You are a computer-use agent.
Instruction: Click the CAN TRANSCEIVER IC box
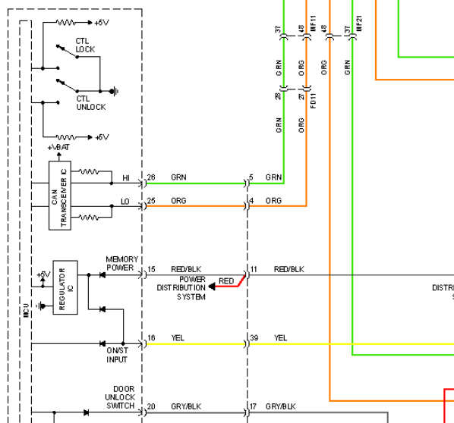coord(60,196)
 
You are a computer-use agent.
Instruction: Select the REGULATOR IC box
coord(65,287)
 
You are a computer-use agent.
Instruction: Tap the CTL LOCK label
coord(85,45)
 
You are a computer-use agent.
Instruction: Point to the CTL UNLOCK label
coord(91,103)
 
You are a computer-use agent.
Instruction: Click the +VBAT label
coord(58,148)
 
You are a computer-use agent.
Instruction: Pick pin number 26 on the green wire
coord(151,177)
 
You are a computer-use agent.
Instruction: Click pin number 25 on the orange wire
coord(151,201)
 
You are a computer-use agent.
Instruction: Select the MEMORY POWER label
coord(121,263)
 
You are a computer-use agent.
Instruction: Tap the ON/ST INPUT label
coord(117,355)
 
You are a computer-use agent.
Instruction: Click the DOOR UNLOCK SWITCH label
coord(120,397)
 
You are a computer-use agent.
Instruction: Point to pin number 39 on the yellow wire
coord(254,337)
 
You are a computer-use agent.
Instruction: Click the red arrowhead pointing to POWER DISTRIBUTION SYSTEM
coord(212,287)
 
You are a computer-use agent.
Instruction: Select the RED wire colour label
coord(226,281)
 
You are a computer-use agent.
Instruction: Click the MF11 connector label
coord(314,23)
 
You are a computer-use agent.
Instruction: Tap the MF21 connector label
coord(359,23)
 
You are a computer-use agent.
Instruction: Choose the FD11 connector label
coord(314,101)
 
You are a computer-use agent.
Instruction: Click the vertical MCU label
coord(27,310)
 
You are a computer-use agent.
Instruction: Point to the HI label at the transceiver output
coord(126,178)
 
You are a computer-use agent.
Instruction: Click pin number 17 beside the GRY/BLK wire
coord(253,406)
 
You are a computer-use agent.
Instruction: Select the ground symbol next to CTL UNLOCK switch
coord(114,92)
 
